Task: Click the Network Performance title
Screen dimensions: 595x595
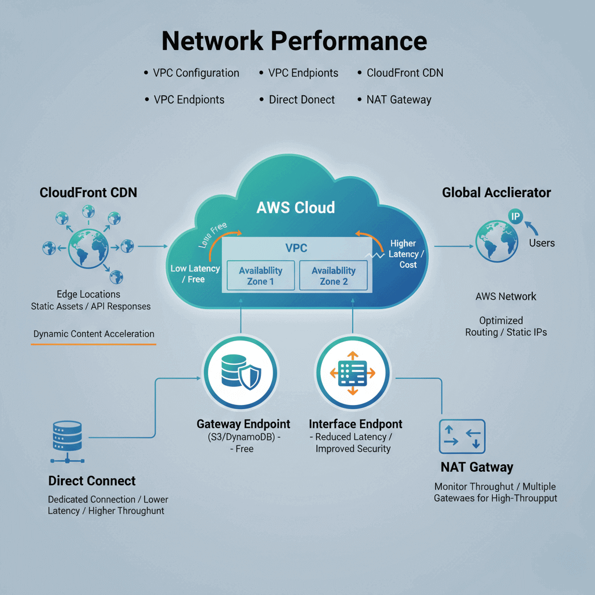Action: [294, 41]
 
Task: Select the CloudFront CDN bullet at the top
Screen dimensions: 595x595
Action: [404, 73]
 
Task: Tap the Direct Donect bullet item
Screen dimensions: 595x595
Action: [302, 99]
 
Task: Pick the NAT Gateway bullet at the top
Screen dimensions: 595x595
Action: [399, 99]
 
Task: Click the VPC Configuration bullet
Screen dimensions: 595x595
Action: [196, 73]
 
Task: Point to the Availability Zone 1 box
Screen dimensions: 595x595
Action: [260, 275]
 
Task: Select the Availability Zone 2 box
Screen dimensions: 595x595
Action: [334, 275]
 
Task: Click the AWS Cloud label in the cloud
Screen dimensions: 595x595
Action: [296, 207]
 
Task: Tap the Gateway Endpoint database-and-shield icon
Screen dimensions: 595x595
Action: [241, 372]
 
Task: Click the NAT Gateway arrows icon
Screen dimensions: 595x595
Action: [463, 436]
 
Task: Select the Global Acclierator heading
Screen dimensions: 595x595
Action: [496, 192]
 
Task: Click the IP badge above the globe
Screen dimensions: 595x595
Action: [515, 216]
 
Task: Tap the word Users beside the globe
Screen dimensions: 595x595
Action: [542, 243]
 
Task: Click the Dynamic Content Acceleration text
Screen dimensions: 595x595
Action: [94, 334]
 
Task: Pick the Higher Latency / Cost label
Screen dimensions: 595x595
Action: [403, 254]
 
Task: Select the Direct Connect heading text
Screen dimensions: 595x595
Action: [92, 481]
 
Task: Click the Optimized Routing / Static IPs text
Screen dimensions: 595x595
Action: [506, 326]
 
